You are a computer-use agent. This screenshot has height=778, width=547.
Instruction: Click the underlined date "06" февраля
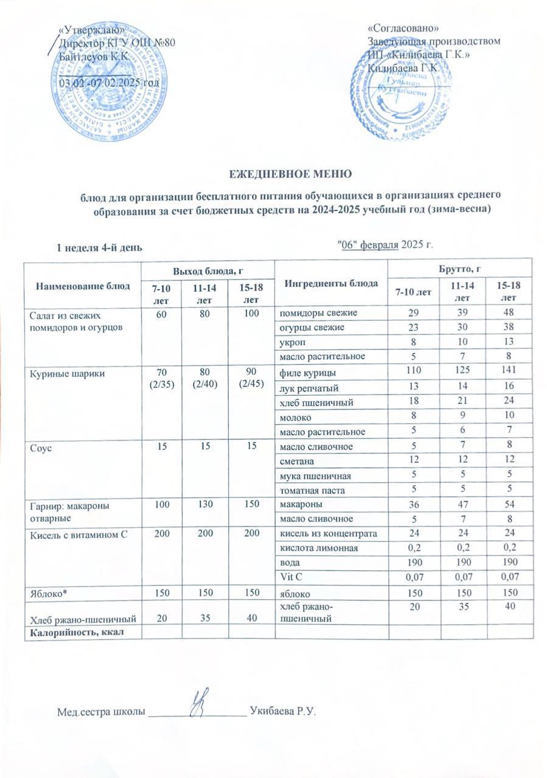pyautogui.click(x=368, y=245)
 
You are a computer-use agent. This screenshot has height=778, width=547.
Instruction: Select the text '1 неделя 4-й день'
pyautogui.click(x=100, y=247)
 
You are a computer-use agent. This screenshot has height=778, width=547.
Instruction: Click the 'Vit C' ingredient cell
pyautogui.click(x=288, y=576)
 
